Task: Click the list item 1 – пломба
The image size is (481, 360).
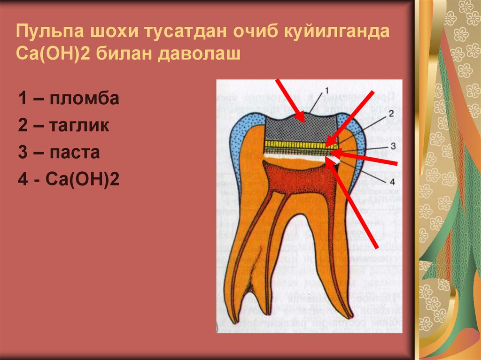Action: click(69, 99)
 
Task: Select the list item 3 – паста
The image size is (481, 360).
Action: click(59, 153)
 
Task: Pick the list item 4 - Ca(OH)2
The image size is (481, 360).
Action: click(69, 180)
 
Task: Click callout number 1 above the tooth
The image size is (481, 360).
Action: click(327, 89)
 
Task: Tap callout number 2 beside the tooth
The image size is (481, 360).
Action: click(390, 113)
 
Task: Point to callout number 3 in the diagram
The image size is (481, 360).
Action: click(394, 146)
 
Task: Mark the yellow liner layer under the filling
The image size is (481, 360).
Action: click(294, 144)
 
